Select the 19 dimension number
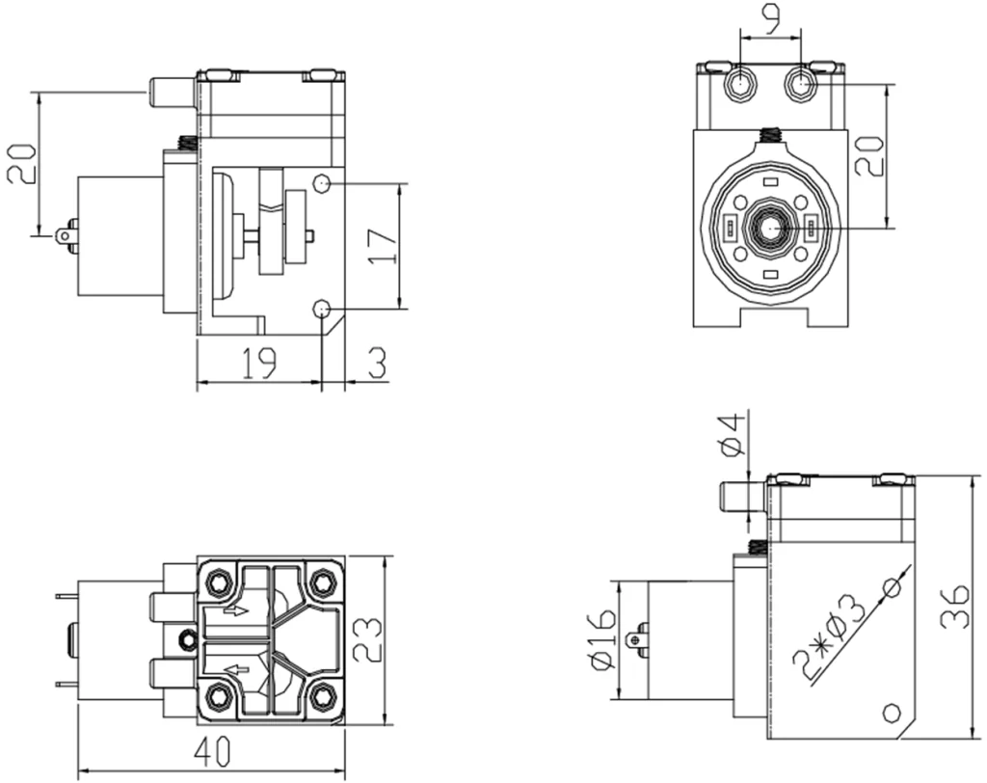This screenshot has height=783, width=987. click(258, 363)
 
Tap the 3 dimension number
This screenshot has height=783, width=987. click(376, 363)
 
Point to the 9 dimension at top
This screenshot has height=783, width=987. click(771, 20)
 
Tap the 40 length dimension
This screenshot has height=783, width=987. click(211, 753)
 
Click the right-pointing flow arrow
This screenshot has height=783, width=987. click(234, 609)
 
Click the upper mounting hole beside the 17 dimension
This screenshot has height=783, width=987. click(323, 183)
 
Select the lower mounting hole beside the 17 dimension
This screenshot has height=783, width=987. click(322, 309)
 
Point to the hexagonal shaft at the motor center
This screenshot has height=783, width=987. click(770, 227)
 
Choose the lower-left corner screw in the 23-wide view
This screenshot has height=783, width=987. click(219, 694)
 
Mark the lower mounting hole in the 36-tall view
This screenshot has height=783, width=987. click(893, 713)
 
